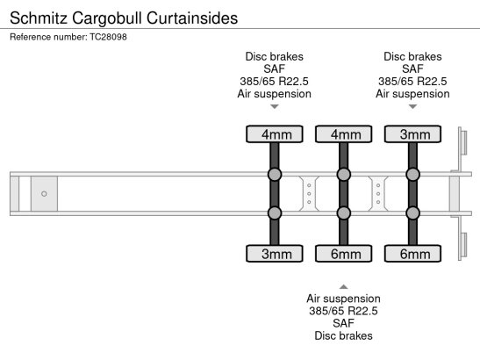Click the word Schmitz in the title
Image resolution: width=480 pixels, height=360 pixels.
pos(39,18)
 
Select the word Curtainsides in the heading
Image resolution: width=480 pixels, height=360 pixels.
pos(201,18)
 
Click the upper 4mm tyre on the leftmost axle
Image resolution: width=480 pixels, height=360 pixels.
pos(275,134)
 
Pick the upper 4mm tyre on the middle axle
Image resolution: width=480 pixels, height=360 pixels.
pos(343,134)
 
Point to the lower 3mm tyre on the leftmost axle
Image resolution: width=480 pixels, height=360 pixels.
pos(275,255)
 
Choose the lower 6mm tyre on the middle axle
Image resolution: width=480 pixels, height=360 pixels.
pos(343,255)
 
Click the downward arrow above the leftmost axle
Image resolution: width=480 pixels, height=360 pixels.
pos(275,107)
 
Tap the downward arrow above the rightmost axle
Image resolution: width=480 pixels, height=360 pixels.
pos(412,107)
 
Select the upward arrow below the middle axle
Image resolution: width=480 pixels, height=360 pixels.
pos(343,285)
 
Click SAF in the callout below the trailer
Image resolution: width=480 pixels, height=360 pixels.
pos(343,323)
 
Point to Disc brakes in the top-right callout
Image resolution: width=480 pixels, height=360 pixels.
pos(412,56)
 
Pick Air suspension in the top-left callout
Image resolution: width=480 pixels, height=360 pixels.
pos(275,94)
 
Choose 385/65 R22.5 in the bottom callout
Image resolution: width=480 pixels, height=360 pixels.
pos(343,311)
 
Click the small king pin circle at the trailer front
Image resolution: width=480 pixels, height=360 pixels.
pos(43,193)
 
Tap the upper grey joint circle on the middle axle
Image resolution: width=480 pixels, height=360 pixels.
pos(343,175)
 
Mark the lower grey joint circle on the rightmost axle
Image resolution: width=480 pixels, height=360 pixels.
pos(412,212)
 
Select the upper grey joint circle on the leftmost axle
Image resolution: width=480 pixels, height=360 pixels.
pos(275,175)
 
